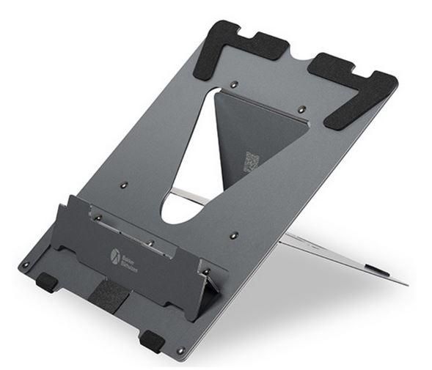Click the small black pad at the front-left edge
48,281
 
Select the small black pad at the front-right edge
153,340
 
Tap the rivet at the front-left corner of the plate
26,264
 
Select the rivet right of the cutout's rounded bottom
233,236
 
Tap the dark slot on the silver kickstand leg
378,271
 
